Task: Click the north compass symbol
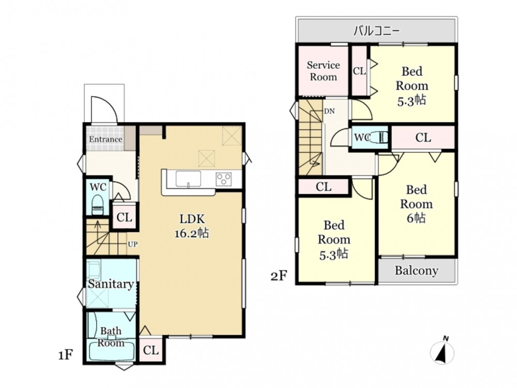click(x=443, y=351)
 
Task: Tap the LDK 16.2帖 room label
click(x=192, y=226)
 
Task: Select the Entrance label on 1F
click(x=105, y=139)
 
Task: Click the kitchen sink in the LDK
click(x=188, y=179)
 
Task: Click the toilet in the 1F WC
click(x=97, y=205)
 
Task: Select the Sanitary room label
click(x=111, y=283)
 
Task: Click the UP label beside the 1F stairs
click(x=132, y=245)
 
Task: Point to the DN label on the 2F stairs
click(x=329, y=111)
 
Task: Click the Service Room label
click(x=323, y=71)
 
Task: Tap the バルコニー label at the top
click(x=376, y=31)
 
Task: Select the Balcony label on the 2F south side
click(x=416, y=271)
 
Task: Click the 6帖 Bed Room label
click(x=416, y=204)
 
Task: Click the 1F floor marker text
click(x=65, y=355)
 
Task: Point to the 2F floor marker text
click(x=279, y=275)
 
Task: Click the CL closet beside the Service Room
click(x=359, y=71)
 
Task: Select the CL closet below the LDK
click(x=150, y=350)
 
